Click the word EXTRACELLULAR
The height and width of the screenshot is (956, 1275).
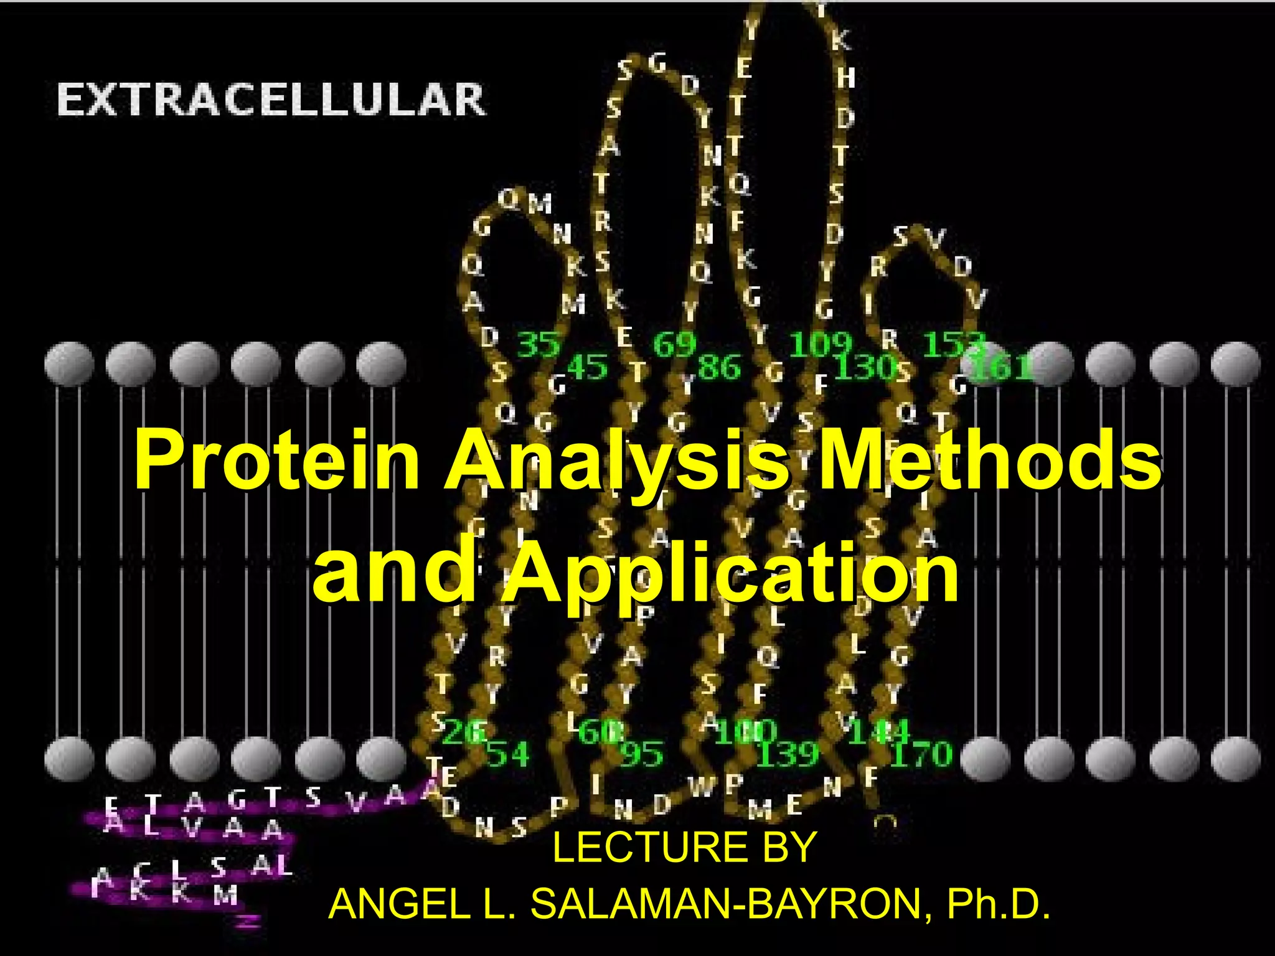tap(271, 101)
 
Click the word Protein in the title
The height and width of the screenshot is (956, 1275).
tap(277, 461)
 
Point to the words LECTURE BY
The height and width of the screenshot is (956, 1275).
tap(684, 848)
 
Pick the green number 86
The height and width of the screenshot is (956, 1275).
tap(720, 367)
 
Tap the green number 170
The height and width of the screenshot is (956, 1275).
tap(922, 754)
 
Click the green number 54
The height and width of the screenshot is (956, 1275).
tap(507, 754)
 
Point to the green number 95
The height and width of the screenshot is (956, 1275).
tap(642, 754)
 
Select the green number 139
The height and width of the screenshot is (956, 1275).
tap(788, 754)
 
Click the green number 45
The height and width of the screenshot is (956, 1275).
tap(587, 367)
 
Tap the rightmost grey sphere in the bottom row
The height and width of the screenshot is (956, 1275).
tap(1235, 759)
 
